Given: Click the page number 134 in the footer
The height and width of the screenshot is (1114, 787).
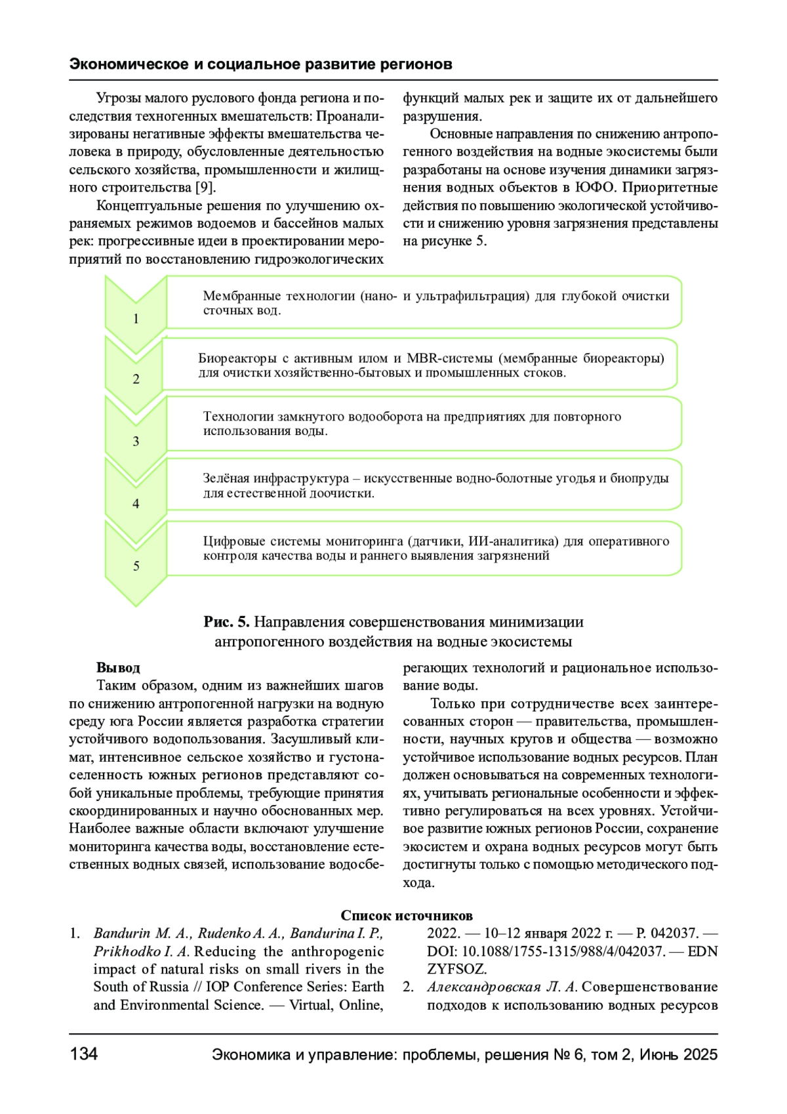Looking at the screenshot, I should click(83, 1054).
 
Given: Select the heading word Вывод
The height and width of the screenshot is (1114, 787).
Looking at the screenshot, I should click(118, 668).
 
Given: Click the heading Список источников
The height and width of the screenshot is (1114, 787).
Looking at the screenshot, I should click(407, 915).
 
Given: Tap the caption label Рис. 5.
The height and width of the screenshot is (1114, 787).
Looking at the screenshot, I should click(226, 622).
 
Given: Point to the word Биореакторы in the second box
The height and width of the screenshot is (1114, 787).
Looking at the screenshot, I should click(237, 358).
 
